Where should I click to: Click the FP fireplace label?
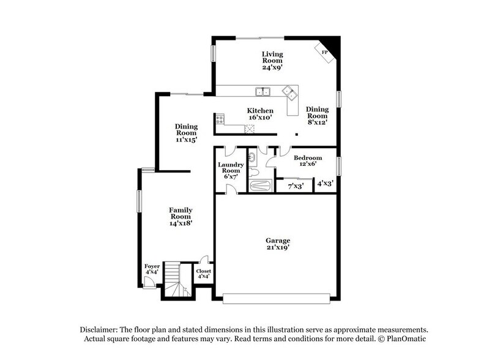pos(325,53)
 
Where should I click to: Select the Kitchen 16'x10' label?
pos(259,114)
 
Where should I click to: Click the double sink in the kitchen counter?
pos(264,92)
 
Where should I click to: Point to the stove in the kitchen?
pos(218,120)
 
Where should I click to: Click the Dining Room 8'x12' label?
pos(318,116)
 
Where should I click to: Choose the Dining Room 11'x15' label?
pos(186,133)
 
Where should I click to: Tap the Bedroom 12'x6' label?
pos(307,162)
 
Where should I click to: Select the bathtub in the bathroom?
pos(261,186)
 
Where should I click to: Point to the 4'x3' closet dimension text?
pos(326,183)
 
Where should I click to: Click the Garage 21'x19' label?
pos(277,244)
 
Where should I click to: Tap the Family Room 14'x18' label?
pos(181,217)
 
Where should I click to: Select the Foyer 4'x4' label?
pos(152,270)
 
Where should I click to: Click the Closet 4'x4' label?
pos(203,274)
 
